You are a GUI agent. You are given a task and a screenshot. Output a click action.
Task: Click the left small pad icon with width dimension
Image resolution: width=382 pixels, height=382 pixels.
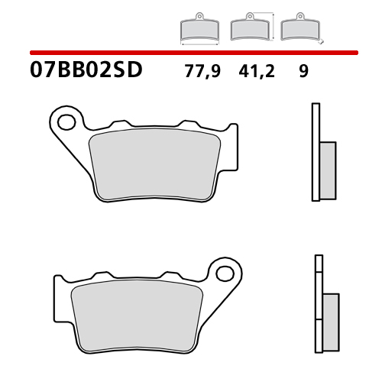click(199, 29)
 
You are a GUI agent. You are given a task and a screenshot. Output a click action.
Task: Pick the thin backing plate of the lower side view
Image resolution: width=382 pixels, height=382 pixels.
click(317, 306)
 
